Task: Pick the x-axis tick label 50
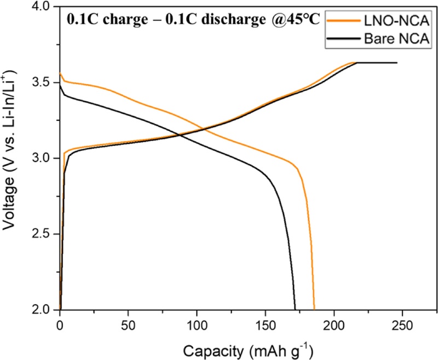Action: pos(128,323)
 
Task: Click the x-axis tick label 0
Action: pos(60,323)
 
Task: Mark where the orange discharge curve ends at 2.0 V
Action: pos(314,309)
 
